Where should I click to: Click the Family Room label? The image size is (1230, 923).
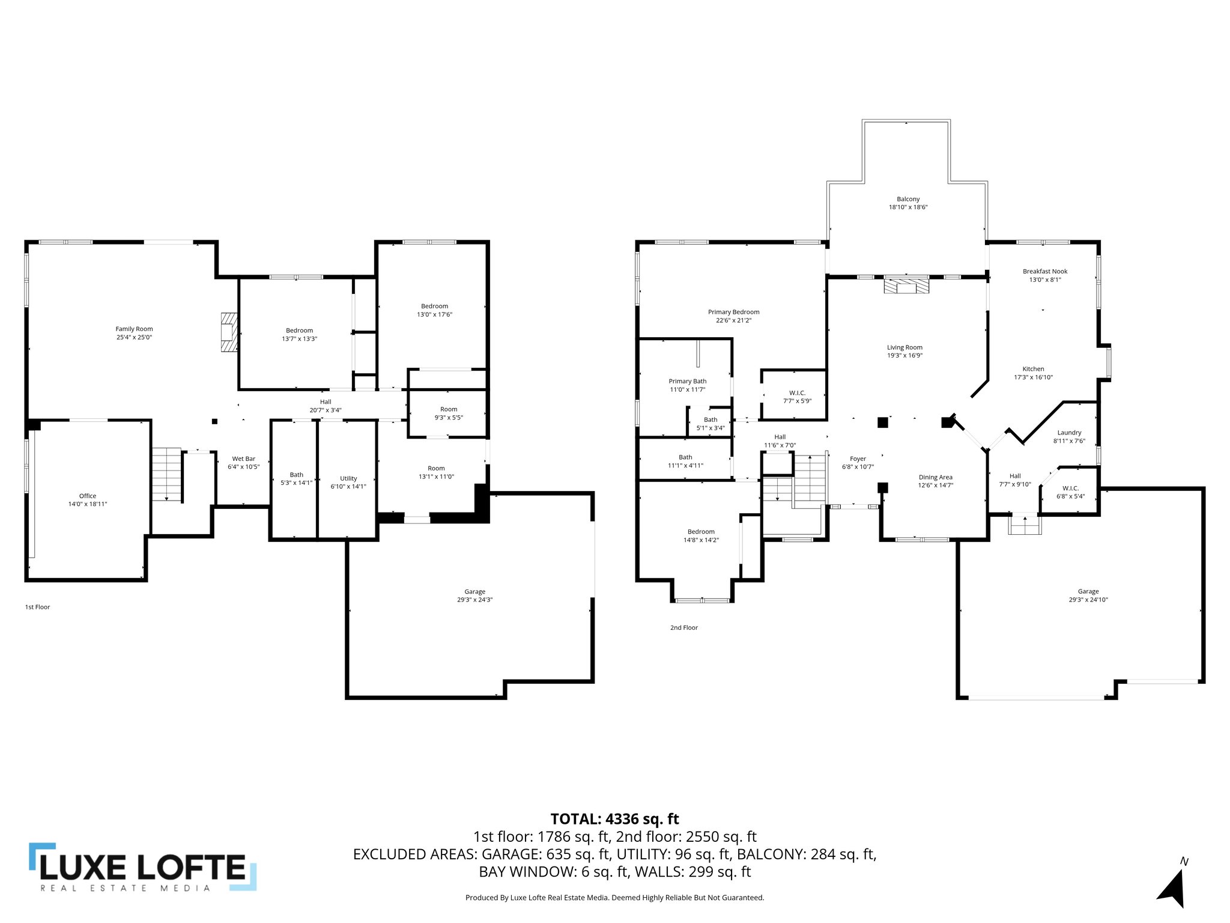click(x=134, y=329)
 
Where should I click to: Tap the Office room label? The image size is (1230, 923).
click(x=88, y=496)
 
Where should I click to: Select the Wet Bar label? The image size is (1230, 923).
click(x=243, y=458)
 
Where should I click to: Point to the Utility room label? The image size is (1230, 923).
click(x=348, y=478)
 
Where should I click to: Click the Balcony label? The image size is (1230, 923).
click(x=908, y=199)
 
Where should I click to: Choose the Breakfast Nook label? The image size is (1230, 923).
click(x=1045, y=271)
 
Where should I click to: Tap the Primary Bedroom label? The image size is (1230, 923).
click(x=733, y=312)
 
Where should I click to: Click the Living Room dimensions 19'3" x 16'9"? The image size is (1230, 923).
click(x=904, y=355)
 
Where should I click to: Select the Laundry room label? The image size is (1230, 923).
click(x=1069, y=432)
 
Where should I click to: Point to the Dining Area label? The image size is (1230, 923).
click(x=935, y=477)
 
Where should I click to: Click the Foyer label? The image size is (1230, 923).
click(x=858, y=458)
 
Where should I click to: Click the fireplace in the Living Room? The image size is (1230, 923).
click(x=906, y=285)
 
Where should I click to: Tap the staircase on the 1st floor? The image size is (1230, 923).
click(x=166, y=474)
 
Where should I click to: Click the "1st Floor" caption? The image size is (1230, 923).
click(x=37, y=607)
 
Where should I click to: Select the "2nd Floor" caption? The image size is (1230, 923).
click(x=683, y=627)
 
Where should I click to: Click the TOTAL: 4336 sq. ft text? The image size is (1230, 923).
click(x=614, y=819)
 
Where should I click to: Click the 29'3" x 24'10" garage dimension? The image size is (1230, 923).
click(x=1088, y=600)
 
